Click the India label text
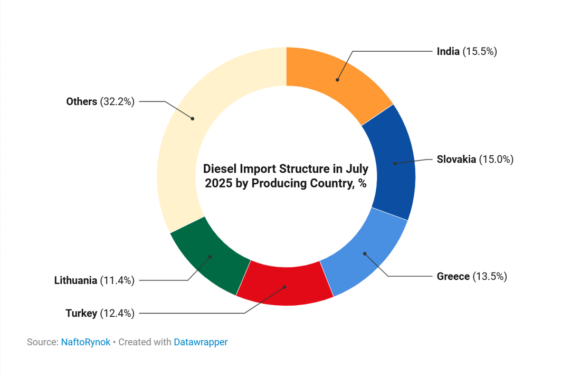[x=448, y=51]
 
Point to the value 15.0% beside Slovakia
[x=496, y=159]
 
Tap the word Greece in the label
[x=453, y=276]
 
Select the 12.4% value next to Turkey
[x=117, y=313]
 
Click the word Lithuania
[x=75, y=280]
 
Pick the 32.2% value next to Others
[x=117, y=101]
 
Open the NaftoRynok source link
[x=85, y=342]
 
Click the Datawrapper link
[x=201, y=342]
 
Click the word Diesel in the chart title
[x=219, y=169]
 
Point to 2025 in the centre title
[x=216, y=184]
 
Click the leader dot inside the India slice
[x=337, y=80]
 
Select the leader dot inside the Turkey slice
[x=284, y=287]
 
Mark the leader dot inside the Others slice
[x=193, y=118]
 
